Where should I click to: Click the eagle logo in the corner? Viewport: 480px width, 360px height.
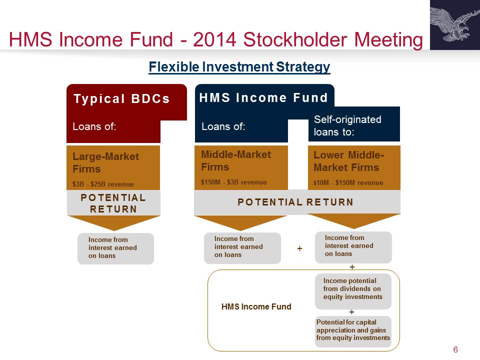click(455, 25)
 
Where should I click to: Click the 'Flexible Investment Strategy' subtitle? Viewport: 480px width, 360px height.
click(239, 66)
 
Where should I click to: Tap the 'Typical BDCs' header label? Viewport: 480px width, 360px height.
click(121, 99)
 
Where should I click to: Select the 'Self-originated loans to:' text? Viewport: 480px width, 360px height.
click(348, 125)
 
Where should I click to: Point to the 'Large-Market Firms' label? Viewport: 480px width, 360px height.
click(105, 162)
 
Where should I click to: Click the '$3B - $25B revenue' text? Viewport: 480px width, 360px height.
click(103, 184)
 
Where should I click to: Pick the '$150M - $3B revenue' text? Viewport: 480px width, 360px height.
click(234, 182)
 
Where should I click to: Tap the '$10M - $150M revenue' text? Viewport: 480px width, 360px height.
click(348, 183)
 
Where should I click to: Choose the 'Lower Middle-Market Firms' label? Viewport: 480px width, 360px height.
click(348, 161)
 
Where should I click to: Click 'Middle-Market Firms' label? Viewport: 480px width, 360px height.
click(236, 160)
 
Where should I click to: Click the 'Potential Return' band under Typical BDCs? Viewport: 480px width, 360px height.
click(113, 203)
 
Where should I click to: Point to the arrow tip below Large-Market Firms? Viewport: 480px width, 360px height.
click(114, 230)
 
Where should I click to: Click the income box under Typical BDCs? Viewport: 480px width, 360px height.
click(115, 248)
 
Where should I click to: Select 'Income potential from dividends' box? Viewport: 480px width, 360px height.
click(353, 291)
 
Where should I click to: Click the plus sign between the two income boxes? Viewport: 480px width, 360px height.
click(299, 248)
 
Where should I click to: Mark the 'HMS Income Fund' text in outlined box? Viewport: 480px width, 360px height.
click(256, 306)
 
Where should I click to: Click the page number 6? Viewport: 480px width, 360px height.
click(455, 349)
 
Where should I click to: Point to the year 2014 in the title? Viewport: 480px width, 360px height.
click(214, 39)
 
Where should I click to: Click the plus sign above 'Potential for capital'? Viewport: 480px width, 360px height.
click(351, 312)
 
